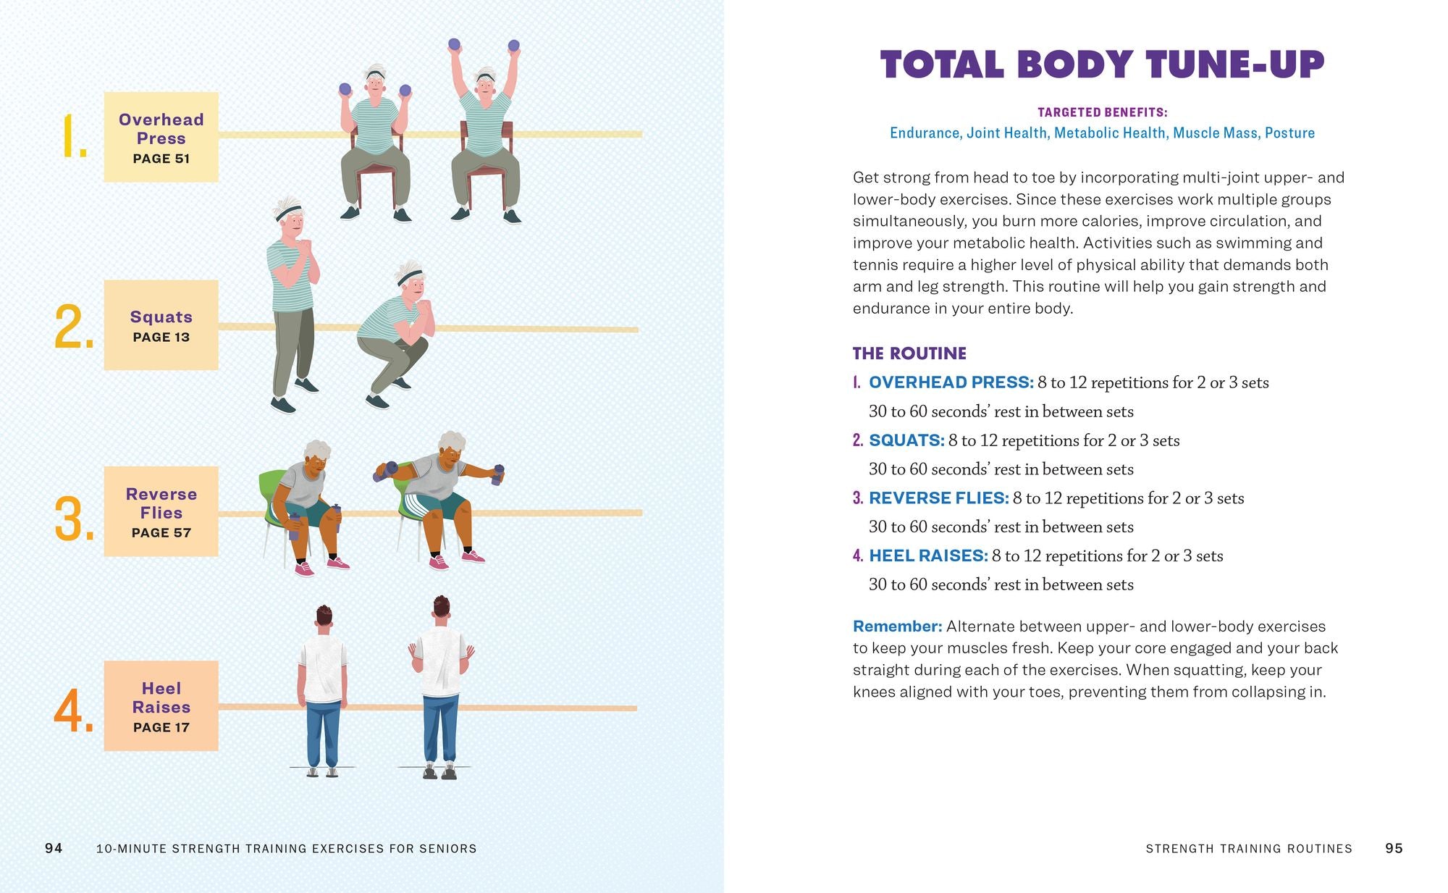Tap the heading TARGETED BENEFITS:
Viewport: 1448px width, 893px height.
[1102, 112]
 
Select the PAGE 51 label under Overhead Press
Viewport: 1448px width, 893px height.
[161, 159]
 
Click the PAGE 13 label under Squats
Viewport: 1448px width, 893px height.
[161, 337]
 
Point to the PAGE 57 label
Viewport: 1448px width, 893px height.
[161, 532]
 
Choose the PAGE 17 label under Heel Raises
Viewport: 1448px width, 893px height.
[161, 727]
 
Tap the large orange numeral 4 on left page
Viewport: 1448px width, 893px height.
[73, 710]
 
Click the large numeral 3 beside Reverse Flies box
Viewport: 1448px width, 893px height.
[73, 519]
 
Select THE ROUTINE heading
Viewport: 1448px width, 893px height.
[909, 353]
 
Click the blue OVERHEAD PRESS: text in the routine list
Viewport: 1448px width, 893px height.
[951, 382]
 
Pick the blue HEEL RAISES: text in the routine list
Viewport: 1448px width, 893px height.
[928, 555]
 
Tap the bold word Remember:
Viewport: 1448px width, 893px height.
[897, 626]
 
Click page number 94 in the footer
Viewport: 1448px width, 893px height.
[54, 848]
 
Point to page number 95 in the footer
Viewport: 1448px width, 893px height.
[1394, 848]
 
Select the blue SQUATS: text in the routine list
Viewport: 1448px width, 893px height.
[906, 440]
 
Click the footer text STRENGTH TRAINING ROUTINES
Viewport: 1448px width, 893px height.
[1249, 848]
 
